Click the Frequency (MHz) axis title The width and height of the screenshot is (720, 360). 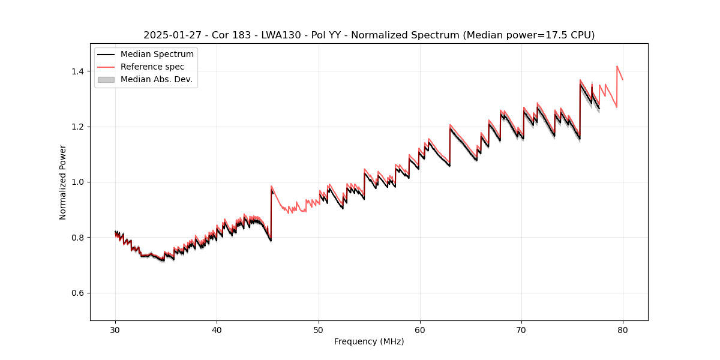click(369, 341)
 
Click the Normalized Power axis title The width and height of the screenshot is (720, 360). click(63, 182)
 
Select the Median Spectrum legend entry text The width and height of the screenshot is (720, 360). click(157, 55)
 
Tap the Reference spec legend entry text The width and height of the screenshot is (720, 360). click(152, 67)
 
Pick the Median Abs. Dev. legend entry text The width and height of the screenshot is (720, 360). click(156, 79)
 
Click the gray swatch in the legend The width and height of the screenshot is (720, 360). click(106, 79)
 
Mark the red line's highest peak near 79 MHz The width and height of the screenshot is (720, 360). click(617, 67)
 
